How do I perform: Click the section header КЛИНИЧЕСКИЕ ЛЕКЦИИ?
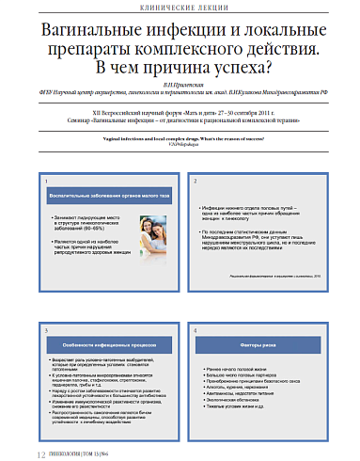179,8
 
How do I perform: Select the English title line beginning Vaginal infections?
179,137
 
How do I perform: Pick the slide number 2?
195,180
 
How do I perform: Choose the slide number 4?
195,331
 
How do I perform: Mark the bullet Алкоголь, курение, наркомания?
239,386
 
